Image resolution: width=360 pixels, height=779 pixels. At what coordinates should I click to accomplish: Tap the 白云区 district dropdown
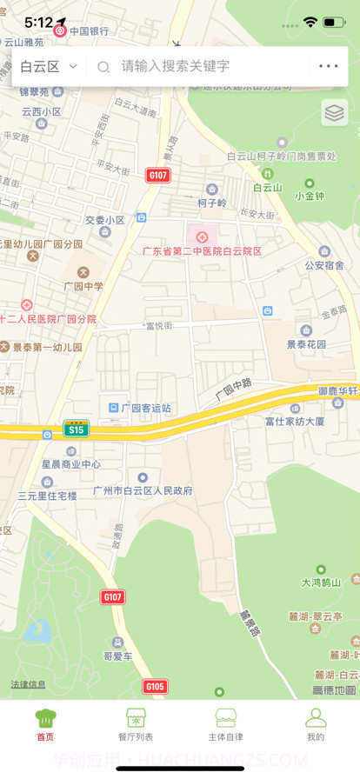click(49, 66)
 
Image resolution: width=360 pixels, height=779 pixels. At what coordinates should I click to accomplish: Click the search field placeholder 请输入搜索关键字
click(175, 66)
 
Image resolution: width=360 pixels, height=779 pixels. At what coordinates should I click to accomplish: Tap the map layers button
click(335, 113)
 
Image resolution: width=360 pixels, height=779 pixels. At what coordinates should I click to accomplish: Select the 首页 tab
click(45, 725)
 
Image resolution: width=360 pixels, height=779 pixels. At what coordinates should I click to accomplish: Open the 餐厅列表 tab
click(135, 725)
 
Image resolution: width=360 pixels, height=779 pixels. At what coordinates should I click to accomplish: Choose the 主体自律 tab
click(225, 725)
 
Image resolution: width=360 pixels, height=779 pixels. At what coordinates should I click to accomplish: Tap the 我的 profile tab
click(315, 725)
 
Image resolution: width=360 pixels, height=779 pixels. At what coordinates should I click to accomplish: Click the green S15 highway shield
click(76, 429)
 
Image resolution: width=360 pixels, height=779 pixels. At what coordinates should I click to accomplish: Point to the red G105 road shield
click(155, 687)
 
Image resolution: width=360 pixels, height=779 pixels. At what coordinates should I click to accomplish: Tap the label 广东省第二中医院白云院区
click(203, 250)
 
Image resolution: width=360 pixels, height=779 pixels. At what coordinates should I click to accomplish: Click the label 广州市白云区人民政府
click(143, 490)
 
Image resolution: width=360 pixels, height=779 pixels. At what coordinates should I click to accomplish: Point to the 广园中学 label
click(83, 285)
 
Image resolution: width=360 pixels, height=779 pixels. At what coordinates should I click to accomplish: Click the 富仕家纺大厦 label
click(295, 421)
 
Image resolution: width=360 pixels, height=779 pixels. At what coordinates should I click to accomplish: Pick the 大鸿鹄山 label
click(322, 583)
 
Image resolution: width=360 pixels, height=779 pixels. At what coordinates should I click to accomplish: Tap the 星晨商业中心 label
click(71, 464)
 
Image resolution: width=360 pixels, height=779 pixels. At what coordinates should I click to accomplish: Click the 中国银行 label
click(90, 31)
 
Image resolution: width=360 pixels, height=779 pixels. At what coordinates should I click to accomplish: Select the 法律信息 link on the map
click(28, 684)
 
